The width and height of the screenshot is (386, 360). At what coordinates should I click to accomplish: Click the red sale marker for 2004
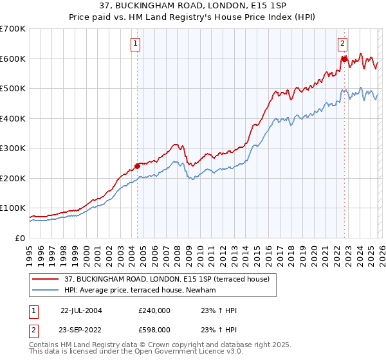click(x=138, y=166)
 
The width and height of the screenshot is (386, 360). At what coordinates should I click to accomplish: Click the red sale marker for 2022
click(x=344, y=59)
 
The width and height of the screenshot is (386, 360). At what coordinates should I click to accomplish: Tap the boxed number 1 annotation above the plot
click(x=136, y=44)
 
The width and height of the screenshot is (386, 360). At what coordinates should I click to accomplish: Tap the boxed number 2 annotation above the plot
click(x=342, y=44)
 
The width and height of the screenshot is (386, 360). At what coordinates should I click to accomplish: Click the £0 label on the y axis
click(x=21, y=238)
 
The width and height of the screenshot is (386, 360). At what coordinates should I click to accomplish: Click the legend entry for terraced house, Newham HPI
click(x=139, y=291)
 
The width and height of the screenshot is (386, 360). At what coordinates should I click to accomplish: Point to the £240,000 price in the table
click(x=154, y=310)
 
